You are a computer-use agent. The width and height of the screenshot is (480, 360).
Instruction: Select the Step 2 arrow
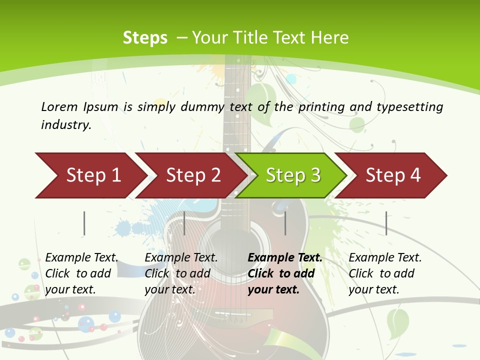pos(192,175)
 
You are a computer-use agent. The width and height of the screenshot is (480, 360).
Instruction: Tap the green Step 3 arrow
pos(292,175)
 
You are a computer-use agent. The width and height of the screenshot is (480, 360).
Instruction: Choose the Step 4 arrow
pos(392,175)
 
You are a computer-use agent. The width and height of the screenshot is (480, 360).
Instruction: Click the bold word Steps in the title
pos(145,38)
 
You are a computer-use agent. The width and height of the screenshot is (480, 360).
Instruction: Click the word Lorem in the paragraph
pos(59,106)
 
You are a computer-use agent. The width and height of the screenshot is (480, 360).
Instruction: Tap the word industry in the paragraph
pos(65,124)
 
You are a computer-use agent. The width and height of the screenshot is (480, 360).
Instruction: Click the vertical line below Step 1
pos(84,223)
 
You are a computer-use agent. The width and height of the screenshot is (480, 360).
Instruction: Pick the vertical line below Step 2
pos(184,223)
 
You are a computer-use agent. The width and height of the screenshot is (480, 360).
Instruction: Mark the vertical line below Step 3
pos(285,223)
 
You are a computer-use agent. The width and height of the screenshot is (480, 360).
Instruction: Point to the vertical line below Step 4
pos(386,223)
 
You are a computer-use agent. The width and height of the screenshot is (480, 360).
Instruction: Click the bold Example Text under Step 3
pos(285,257)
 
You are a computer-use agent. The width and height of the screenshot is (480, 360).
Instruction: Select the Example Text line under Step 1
pos(81,257)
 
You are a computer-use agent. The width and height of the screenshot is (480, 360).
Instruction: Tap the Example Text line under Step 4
pos(385,257)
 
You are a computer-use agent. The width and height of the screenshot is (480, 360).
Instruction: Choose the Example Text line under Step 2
pos(181,257)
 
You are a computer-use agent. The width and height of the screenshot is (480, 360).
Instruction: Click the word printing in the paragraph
pos(321,107)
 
